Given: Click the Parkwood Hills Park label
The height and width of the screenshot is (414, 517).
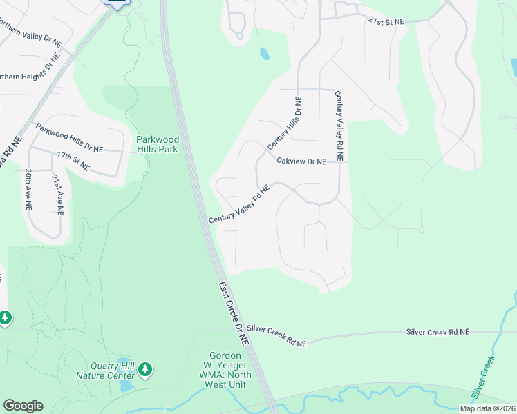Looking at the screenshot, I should (157, 144).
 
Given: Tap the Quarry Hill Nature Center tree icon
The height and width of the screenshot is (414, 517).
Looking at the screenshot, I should (145, 369).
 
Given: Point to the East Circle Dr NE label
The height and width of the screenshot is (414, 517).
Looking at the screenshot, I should (233, 313).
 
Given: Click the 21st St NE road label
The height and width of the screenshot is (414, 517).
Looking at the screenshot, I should (386, 22).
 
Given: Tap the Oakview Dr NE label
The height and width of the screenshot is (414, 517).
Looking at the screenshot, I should (301, 161).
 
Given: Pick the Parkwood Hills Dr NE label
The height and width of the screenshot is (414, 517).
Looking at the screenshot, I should (69, 139).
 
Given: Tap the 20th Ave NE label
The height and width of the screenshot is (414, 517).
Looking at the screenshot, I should (28, 189).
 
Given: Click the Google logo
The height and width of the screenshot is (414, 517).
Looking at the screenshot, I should (23, 406).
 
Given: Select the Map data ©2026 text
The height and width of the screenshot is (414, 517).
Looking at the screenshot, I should (487, 408).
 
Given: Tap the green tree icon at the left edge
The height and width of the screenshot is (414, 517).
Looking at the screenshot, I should (5, 318).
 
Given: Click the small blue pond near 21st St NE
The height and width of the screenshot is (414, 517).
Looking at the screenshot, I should (263, 53).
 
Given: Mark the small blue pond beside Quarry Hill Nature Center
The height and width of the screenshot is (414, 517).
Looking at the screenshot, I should (126, 384).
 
